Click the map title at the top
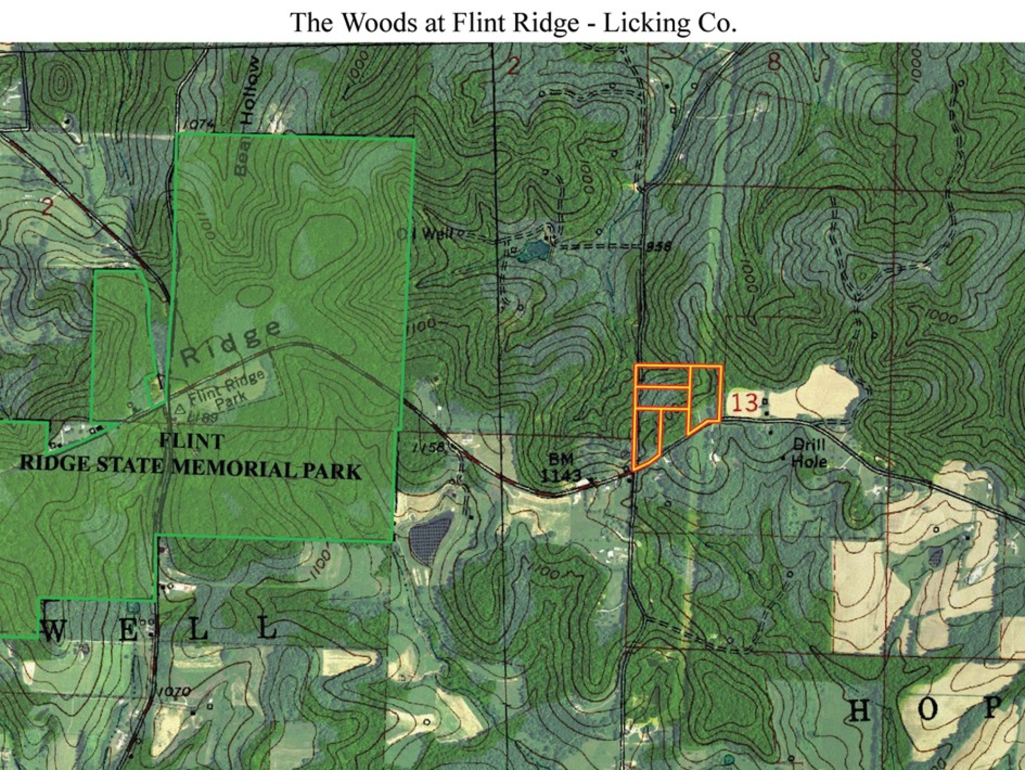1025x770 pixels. [x=512, y=23]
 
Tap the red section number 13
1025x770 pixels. [x=744, y=403]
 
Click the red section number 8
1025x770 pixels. [x=774, y=62]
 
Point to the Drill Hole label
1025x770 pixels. [x=809, y=453]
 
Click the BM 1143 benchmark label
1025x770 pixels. [x=562, y=468]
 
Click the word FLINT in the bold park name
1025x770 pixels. [x=192, y=441]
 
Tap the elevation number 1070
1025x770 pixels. [x=174, y=692]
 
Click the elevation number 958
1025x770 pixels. [x=658, y=247]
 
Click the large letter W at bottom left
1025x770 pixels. [x=53, y=631]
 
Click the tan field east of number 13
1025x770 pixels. [x=815, y=395]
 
